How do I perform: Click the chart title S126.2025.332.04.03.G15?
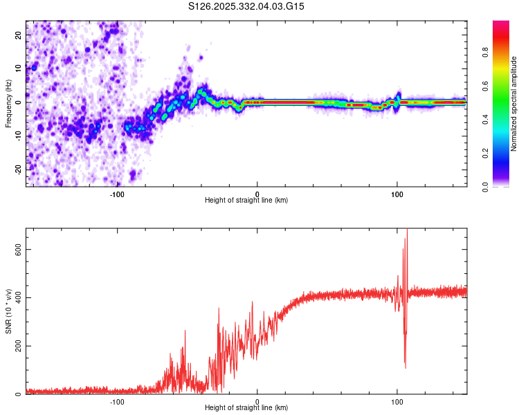pos(247,6)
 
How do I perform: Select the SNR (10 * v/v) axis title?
pos(8,311)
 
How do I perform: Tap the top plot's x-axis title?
pos(246,201)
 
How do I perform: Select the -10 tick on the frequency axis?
pos(17,135)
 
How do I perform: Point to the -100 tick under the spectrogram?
pos(117,194)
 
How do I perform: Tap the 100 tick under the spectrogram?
pos(397,194)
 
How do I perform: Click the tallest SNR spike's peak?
pos(407,230)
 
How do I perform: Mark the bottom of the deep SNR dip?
pos(405,367)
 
